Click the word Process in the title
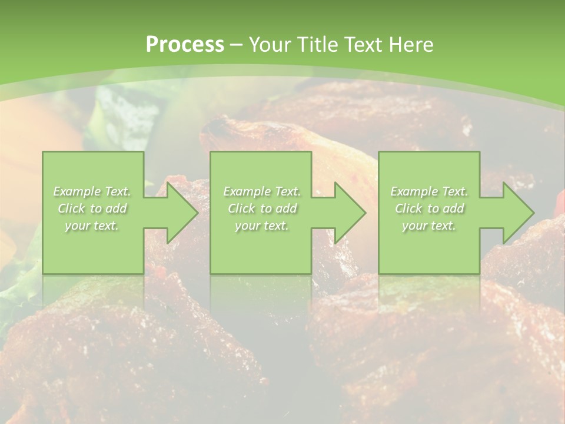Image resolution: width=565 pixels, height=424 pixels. (x=185, y=45)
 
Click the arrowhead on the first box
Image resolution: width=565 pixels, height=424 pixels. (x=180, y=213)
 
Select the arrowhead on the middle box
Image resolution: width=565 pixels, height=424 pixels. (x=348, y=213)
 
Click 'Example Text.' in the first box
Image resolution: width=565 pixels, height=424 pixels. (x=92, y=191)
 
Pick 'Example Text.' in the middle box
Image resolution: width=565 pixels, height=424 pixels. (x=262, y=191)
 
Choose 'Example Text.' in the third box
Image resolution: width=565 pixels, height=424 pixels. (x=429, y=191)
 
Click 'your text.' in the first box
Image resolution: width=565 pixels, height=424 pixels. (x=92, y=226)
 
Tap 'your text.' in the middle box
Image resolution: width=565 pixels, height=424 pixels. (x=262, y=226)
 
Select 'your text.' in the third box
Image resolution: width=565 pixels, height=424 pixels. (x=429, y=226)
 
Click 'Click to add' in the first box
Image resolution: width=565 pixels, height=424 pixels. (x=92, y=208)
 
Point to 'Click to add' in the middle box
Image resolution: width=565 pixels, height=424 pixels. (x=262, y=208)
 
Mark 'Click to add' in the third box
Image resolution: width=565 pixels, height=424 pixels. (x=429, y=208)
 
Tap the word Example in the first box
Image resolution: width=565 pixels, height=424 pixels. (x=77, y=191)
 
